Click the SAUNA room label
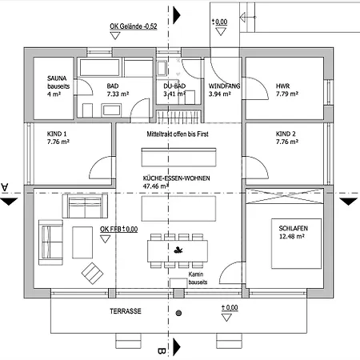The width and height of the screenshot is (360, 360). [57, 78]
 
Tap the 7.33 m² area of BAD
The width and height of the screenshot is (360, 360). [118, 94]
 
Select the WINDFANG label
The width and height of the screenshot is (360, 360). [224, 86]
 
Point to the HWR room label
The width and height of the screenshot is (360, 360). [282, 86]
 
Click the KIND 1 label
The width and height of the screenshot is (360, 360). [57, 134]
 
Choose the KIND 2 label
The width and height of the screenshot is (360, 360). [286, 134]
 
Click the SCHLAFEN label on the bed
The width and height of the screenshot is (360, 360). [294, 228]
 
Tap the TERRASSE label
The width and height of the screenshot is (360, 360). [126, 311]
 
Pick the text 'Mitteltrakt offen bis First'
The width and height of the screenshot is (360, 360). [178, 134]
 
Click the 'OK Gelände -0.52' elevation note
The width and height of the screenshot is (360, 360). [134, 26]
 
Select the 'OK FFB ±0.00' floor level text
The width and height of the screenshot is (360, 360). [119, 229]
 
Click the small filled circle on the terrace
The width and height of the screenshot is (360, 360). [178, 313]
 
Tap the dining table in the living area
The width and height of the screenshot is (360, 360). [178, 251]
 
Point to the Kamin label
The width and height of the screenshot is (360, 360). [196, 274]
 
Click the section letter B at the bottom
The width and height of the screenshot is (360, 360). [162, 351]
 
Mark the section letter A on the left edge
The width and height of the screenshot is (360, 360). [5, 187]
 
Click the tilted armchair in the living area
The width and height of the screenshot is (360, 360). [92, 274]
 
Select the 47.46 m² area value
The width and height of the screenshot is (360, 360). [156, 186]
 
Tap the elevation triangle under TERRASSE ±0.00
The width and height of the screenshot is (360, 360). [226, 318]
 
